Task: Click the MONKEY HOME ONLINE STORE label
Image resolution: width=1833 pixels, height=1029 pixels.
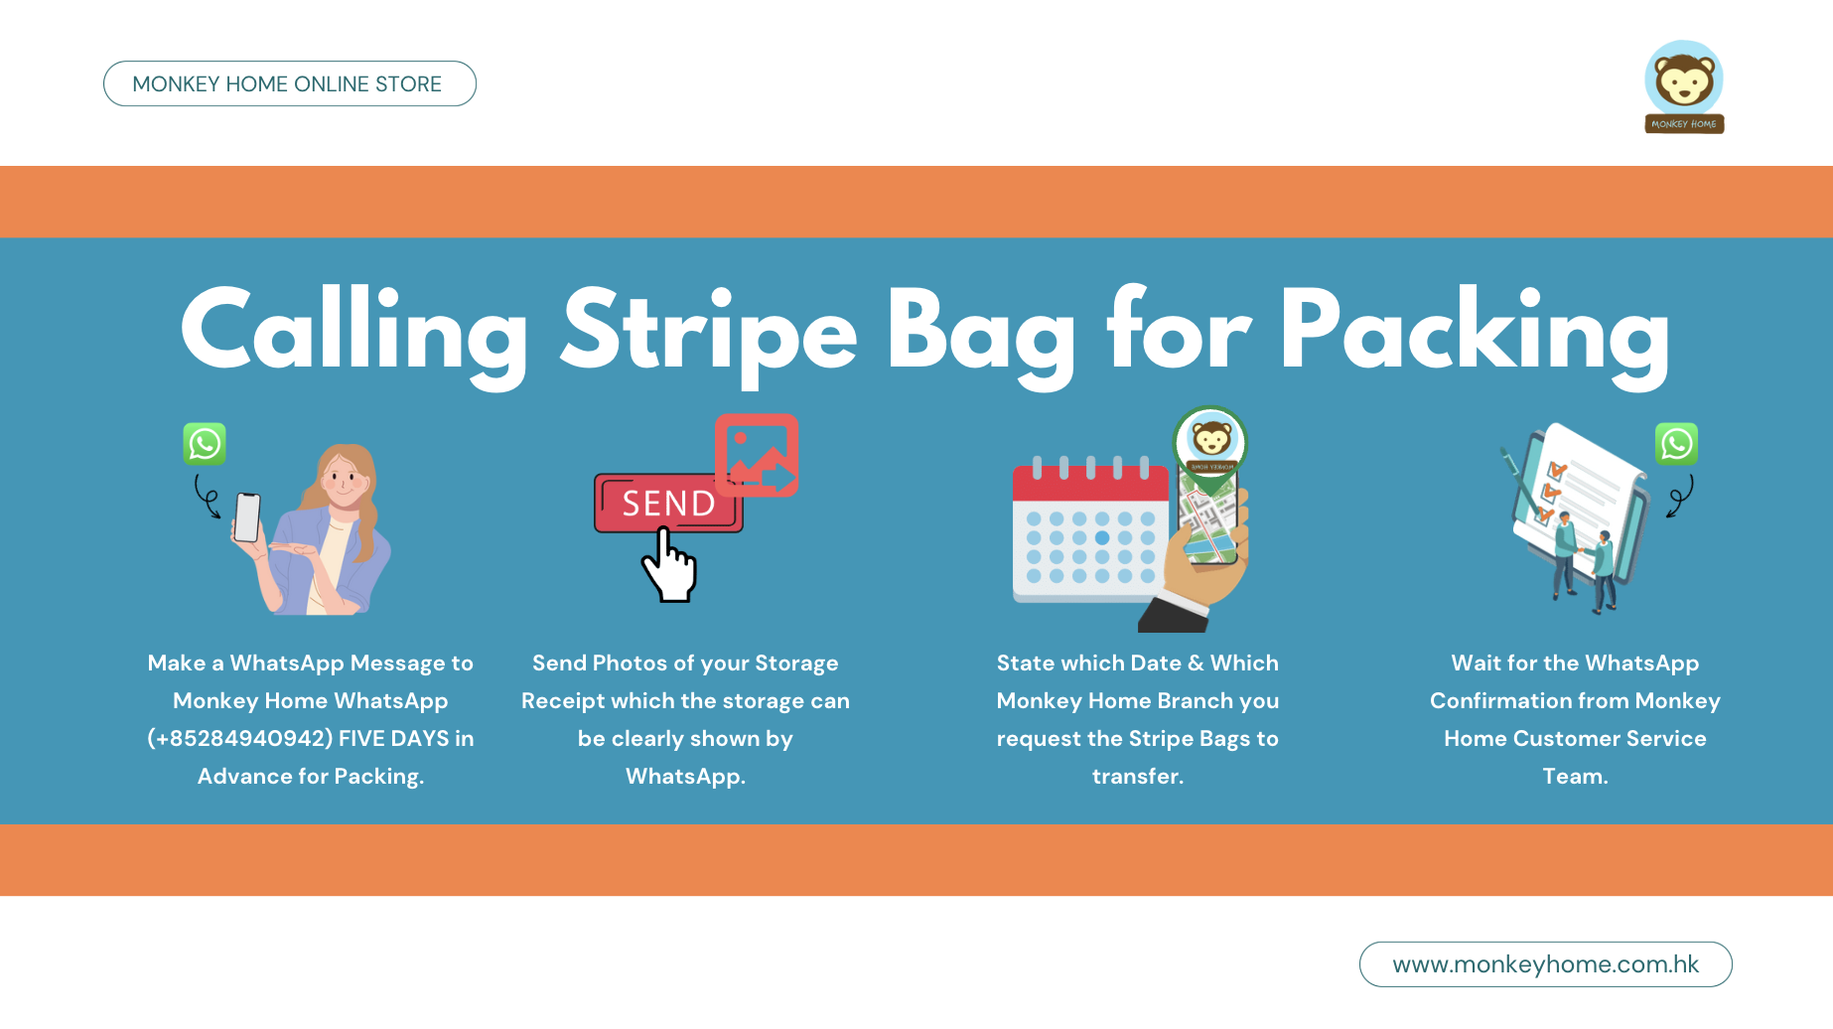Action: click(288, 84)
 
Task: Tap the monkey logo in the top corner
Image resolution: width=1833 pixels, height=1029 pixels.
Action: click(1684, 86)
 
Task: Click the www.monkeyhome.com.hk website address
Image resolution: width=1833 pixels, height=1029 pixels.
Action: click(1545, 964)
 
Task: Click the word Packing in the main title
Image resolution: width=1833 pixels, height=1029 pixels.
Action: click(1476, 336)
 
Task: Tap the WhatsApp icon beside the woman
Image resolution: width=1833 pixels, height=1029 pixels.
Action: click(205, 444)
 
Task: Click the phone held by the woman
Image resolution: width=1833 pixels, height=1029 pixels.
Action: click(247, 517)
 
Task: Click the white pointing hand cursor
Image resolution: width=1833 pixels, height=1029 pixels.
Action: click(669, 565)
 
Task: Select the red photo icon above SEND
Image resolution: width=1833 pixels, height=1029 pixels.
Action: click(757, 456)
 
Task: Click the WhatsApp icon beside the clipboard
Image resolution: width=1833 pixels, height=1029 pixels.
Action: click(1676, 444)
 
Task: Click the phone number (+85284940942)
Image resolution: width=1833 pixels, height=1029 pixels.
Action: click(239, 738)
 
